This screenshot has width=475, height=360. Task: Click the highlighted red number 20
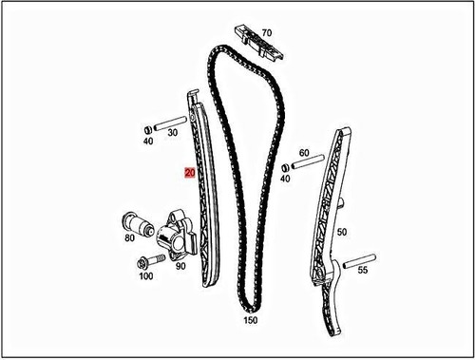tap(190, 174)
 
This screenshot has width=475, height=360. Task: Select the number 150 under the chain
tap(251, 322)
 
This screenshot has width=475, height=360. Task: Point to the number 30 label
tap(171, 134)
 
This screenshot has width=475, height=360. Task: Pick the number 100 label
tap(145, 276)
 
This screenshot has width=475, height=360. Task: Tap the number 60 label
tap(304, 152)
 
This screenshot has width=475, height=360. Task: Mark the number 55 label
tap(363, 271)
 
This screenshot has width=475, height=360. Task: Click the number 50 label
tap(342, 231)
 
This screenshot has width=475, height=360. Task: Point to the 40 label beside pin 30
tap(147, 142)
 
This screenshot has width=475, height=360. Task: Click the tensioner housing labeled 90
tap(179, 235)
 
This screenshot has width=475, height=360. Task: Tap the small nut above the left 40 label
tap(147, 128)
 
